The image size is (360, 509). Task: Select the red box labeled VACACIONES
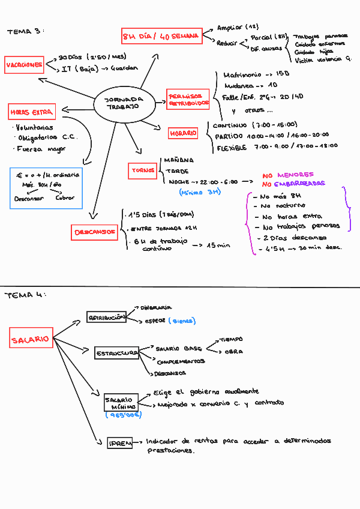pos(24,65)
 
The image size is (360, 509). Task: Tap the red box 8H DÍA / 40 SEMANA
pos(160,37)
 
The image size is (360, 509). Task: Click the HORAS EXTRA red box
pos(31,112)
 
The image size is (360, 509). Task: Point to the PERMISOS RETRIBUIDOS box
pos(188,100)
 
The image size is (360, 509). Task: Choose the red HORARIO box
pos(183,133)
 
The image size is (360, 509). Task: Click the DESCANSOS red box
pos(95,232)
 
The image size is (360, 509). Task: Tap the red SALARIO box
pos(30,340)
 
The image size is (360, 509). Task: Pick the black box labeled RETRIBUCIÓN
pos(106,317)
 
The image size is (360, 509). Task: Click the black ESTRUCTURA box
pos(116,354)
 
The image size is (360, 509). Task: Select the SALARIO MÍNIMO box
pos(121,402)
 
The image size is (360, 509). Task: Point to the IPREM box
pos(121,443)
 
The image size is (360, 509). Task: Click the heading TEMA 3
pos(25,31)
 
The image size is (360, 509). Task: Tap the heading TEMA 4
pos(25,295)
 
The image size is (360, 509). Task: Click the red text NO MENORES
pos(287,175)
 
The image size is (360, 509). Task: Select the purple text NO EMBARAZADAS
pos(293,184)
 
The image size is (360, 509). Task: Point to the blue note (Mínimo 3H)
pos(200,192)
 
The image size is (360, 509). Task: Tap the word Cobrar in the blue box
pos(64,198)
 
